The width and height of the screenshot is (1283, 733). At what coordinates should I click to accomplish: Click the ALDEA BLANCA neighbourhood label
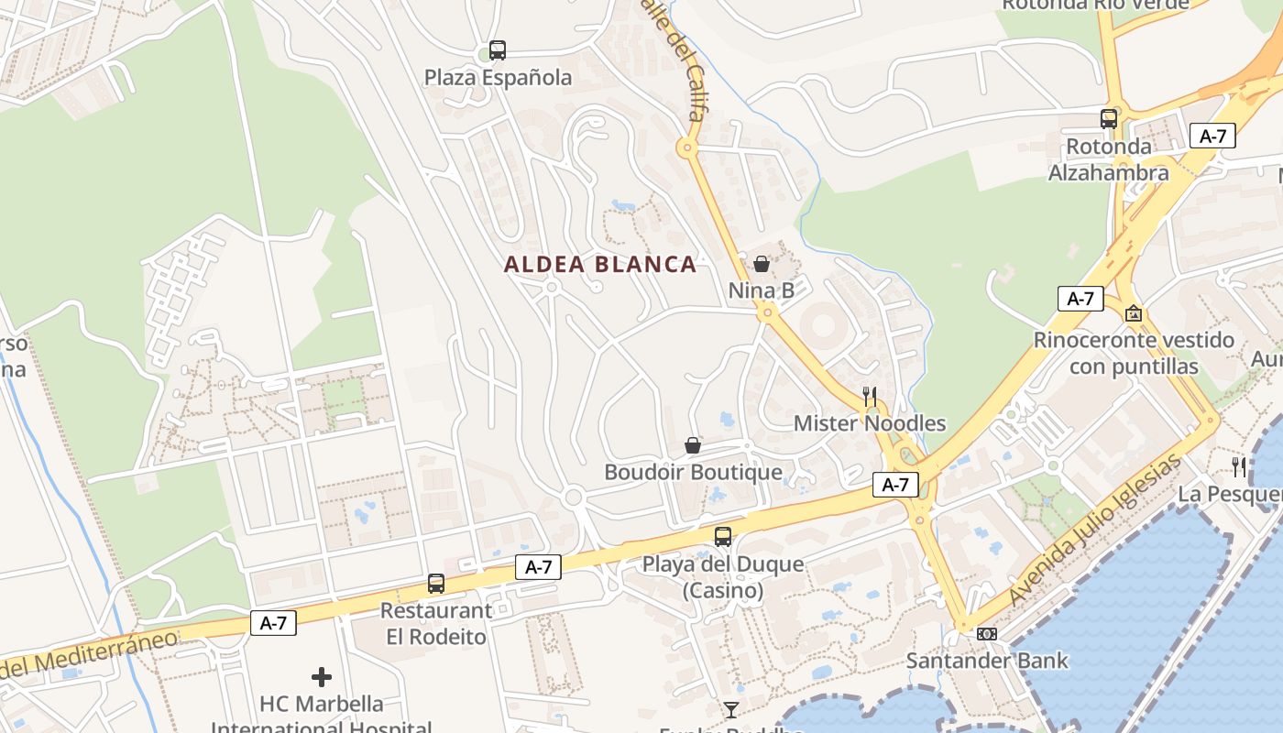pyautogui.click(x=600, y=265)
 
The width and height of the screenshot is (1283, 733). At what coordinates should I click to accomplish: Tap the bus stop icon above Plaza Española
pyautogui.click(x=498, y=50)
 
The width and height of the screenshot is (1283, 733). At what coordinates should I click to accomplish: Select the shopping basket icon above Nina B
pyautogui.click(x=761, y=265)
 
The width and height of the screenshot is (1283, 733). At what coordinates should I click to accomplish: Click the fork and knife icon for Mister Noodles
pyautogui.click(x=870, y=397)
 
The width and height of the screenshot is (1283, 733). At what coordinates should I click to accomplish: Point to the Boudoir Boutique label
pyautogui.click(x=693, y=473)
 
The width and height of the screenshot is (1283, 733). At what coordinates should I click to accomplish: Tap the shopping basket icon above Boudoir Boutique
pyautogui.click(x=693, y=446)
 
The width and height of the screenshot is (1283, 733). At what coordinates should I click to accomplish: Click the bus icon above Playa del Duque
pyautogui.click(x=723, y=537)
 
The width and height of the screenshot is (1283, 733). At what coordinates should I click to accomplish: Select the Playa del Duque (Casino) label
pyautogui.click(x=723, y=577)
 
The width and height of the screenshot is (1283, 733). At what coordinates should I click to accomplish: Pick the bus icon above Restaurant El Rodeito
pyautogui.click(x=436, y=584)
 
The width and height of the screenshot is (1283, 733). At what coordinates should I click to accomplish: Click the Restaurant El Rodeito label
pyautogui.click(x=436, y=623)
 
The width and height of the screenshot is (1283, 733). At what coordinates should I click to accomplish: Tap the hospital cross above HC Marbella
pyautogui.click(x=322, y=677)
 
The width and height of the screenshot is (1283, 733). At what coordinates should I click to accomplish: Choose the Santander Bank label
pyautogui.click(x=987, y=661)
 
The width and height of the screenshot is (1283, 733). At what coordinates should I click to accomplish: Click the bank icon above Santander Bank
pyautogui.click(x=987, y=634)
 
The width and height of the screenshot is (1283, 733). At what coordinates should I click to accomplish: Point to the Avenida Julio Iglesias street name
pyautogui.click(x=1096, y=531)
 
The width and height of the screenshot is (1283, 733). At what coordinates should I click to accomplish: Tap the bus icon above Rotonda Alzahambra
pyautogui.click(x=1109, y=119)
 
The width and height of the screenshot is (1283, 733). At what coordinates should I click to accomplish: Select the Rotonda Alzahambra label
pyautogui.click(x=1109, y=159)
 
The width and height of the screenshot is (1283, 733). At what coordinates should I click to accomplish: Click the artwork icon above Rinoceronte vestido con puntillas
pyautogui.click(x=1134, y=313)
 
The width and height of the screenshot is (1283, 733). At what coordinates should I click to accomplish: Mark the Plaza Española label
pyautogui.click(x=498, y=78)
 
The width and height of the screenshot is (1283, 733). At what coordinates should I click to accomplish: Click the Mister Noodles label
pyautogui.click(x=870, y=423)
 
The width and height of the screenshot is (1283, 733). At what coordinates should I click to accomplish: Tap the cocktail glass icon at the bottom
pyautogui.click(x=730, y=710)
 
